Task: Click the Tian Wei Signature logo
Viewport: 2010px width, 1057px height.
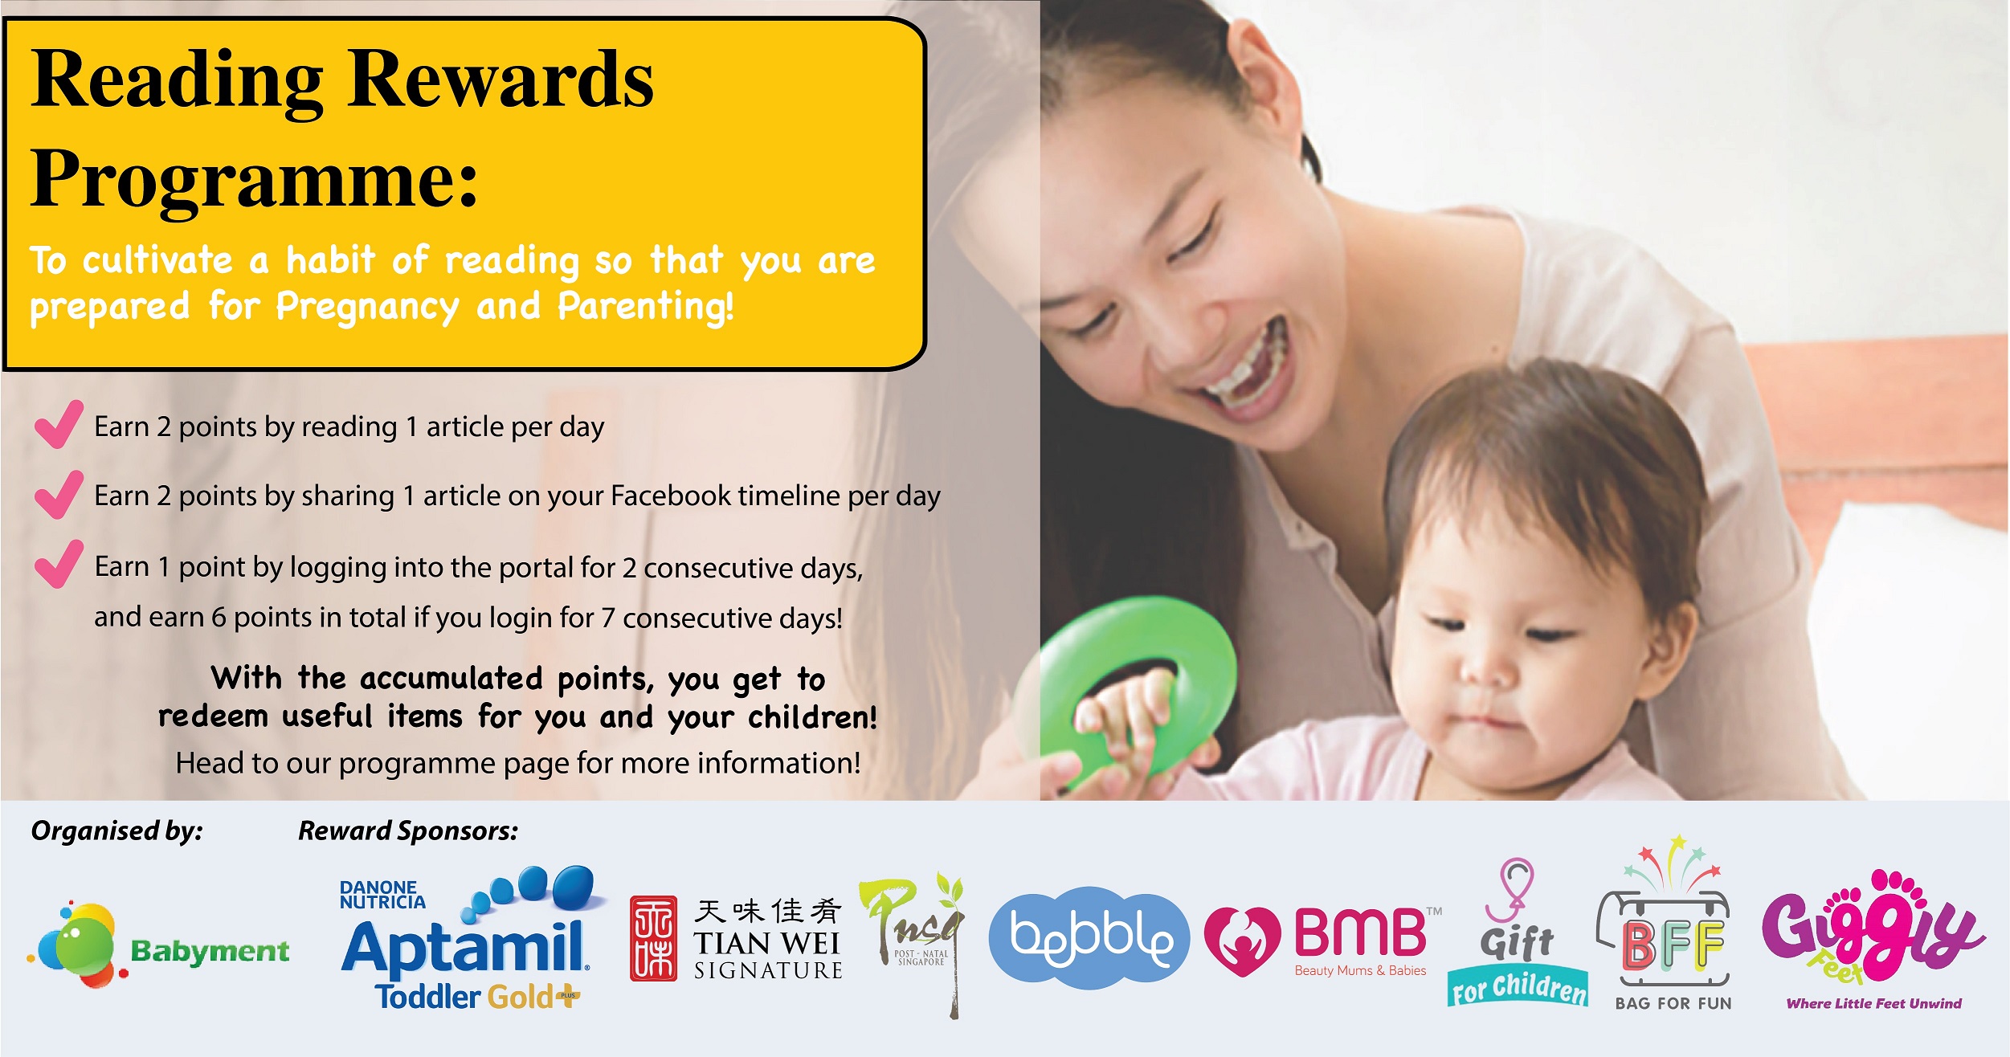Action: tap(736, 938)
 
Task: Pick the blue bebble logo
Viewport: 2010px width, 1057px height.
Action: tap(1089, 937)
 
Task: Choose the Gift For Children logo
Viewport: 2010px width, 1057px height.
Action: tap(1518, 933)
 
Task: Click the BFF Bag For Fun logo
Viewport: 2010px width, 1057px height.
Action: tap(1672, 924)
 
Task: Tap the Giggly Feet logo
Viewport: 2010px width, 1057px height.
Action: tap(1873, 940)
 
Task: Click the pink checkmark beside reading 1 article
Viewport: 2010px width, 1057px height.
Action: tap(59, 424)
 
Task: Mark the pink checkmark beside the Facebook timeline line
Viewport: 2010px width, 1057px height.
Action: tap(59, 494)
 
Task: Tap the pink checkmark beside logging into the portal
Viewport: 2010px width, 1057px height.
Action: tap(59, 564)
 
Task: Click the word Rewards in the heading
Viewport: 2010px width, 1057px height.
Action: tap(501, 80)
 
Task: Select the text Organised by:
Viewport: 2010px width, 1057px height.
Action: tap(117, 831)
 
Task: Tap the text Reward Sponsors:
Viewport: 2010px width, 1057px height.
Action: tap(408, 831)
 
